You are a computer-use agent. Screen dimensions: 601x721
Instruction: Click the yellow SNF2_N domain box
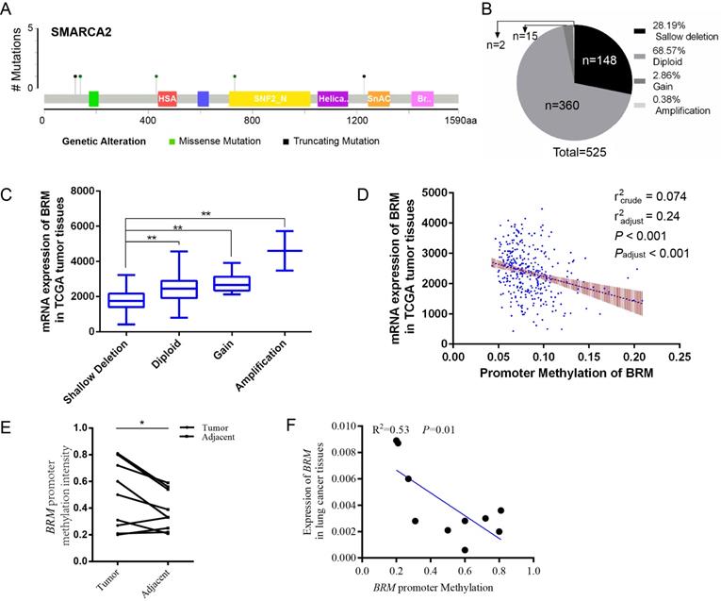coord(269,98)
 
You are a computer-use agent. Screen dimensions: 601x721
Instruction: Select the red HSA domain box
coord(167,98)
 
